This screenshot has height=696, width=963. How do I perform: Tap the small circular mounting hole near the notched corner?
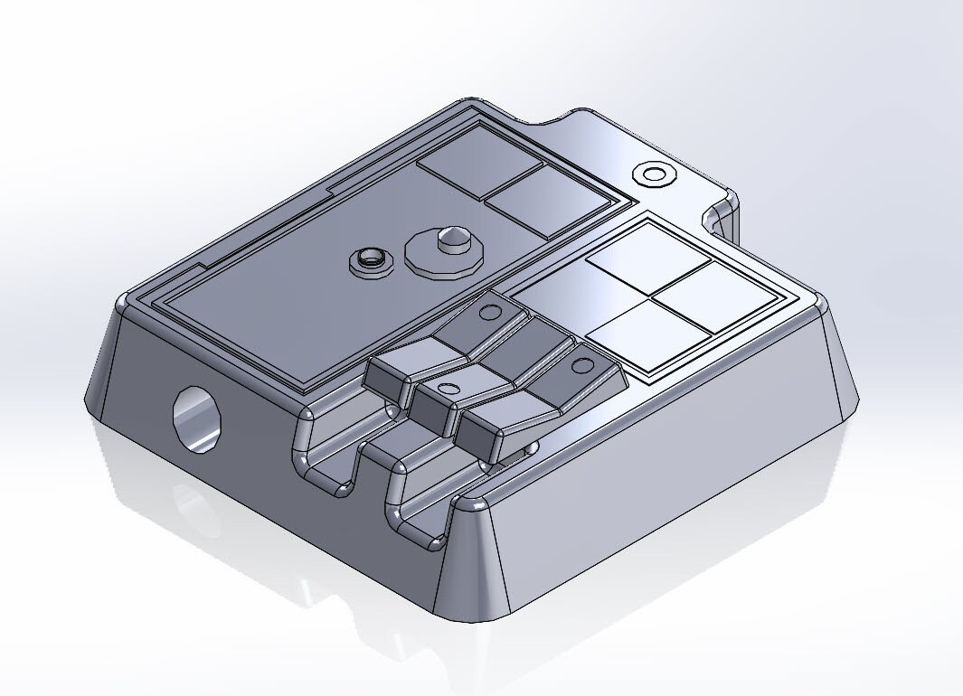click(x=653, y=174)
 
